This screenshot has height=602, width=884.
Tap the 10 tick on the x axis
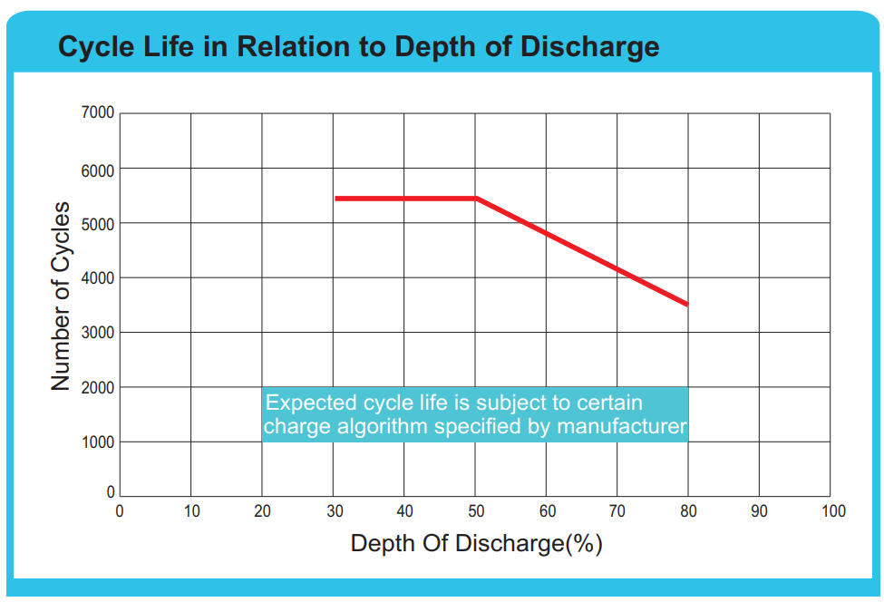191,511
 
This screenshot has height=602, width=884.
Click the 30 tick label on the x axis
334,511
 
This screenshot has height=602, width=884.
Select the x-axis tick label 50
476,511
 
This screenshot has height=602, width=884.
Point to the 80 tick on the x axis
689,511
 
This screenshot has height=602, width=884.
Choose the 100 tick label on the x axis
832,511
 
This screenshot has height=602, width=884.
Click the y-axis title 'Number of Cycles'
61,298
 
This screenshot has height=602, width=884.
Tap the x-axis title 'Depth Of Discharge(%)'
476,544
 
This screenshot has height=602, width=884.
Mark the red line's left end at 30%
335,198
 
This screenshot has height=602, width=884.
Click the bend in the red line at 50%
476,198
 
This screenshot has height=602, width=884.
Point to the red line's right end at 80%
688,305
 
